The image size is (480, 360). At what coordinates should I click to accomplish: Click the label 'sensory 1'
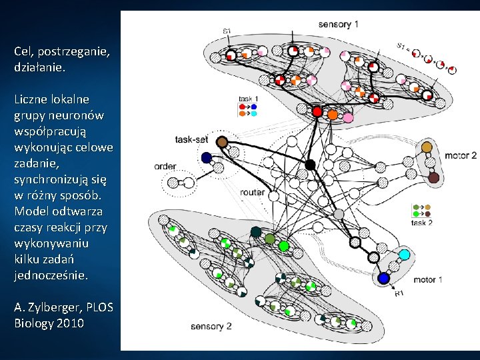point(339,25)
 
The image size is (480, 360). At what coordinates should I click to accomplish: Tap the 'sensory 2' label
point(211,326)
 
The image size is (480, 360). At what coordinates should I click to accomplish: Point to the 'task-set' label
point(193,140)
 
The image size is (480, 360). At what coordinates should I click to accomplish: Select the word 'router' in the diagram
point(253,193)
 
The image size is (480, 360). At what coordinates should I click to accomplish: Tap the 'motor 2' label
point(460,155)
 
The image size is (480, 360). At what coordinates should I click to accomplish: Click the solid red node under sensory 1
point(317,111)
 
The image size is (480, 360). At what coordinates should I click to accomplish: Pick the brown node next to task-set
point(222,142)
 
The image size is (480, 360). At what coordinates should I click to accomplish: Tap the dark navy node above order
point(206,158)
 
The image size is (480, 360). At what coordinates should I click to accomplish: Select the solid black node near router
point(310,164)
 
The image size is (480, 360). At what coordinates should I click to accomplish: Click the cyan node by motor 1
point(403,255)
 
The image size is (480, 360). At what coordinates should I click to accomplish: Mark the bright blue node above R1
point(383,278)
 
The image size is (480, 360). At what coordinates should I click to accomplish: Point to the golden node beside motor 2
point(427,147)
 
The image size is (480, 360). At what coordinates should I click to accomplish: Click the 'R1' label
point(399,293)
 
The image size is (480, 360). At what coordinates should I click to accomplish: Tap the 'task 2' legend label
point(421,223)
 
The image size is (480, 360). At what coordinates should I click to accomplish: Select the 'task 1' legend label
point(248,99)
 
